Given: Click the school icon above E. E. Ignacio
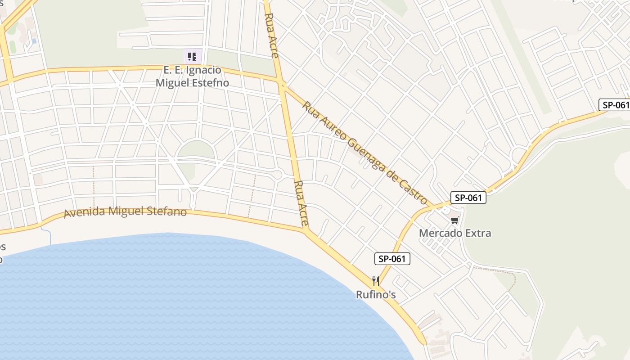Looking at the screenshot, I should pyautogui.click(x=192, y=57).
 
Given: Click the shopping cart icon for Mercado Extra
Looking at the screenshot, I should pyautogui.click(x=454, y=220).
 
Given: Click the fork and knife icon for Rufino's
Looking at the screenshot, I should pyautogui.click(x=376, y=282).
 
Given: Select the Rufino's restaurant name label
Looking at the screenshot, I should pyautogui.click(x=376, y=295).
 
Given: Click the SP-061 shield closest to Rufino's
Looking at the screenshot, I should pyautogui.click(x=392, y=259).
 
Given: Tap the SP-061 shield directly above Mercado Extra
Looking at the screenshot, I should pyautogui.click(x=468, y=198).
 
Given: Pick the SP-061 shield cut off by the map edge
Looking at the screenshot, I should pyautogui.click(x=615, y=105).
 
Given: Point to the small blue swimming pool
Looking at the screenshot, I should pyautogui.click(x=34, y=41).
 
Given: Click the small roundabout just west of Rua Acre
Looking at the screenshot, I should pyautogui.click(x=277, y=175).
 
